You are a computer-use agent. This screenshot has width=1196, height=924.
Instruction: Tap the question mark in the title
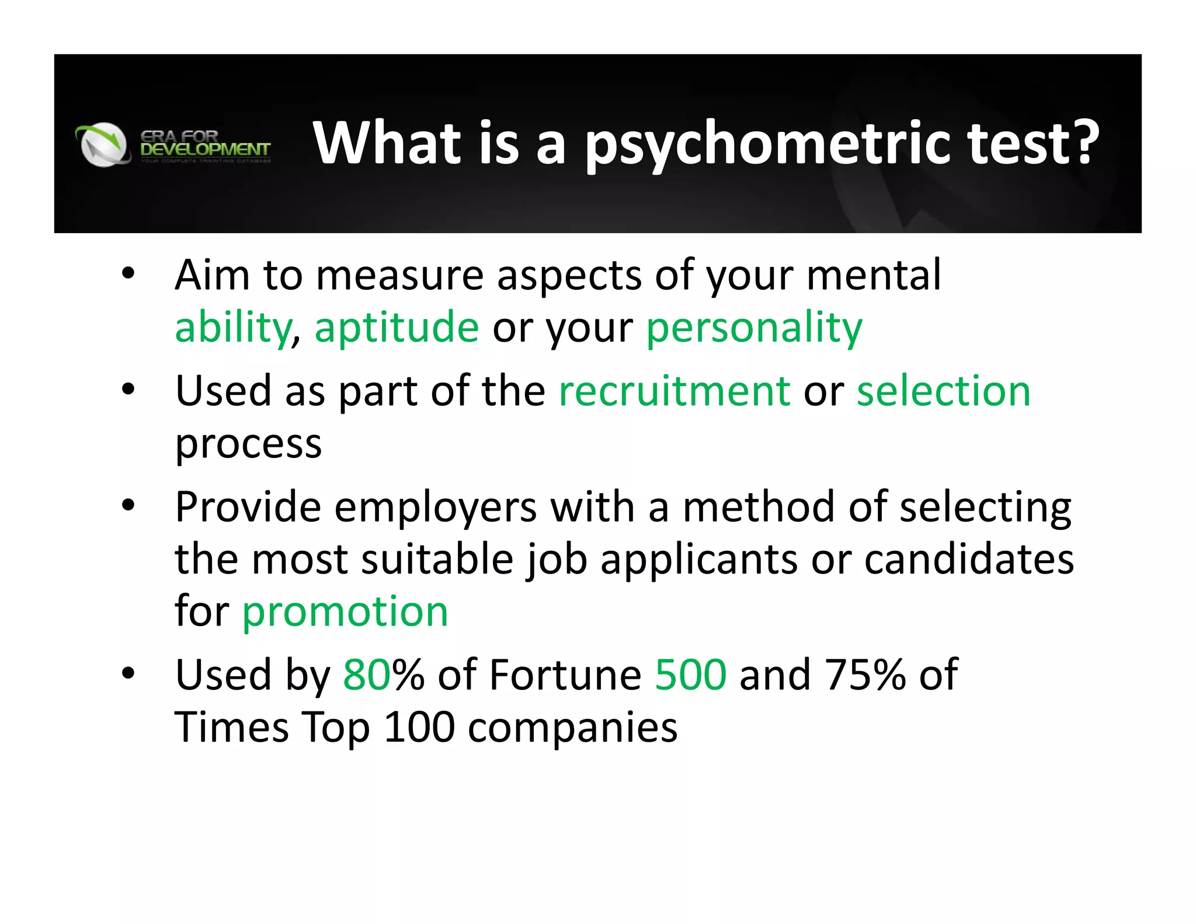[1081, 141]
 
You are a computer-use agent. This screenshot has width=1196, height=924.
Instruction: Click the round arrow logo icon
[103, 144]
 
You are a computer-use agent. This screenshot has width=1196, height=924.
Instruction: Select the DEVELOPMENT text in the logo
[205, 150]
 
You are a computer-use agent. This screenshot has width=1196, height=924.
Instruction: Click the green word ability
[232, 328]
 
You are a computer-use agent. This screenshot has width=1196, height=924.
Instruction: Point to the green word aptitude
[397, 328]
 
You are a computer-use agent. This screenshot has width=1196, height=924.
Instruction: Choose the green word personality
[754, 328]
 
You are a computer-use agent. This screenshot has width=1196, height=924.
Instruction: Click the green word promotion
[345, 612]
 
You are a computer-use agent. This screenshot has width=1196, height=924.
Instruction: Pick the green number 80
[367, 675]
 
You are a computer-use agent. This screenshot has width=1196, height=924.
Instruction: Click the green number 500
[691, 675]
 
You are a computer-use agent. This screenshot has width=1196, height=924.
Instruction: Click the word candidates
[969, 559]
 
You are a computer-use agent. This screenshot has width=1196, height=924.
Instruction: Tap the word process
[249, 444]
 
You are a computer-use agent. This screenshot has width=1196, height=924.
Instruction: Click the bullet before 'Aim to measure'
[128, 273]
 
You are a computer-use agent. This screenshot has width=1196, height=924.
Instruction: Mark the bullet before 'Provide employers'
[128, 505]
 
